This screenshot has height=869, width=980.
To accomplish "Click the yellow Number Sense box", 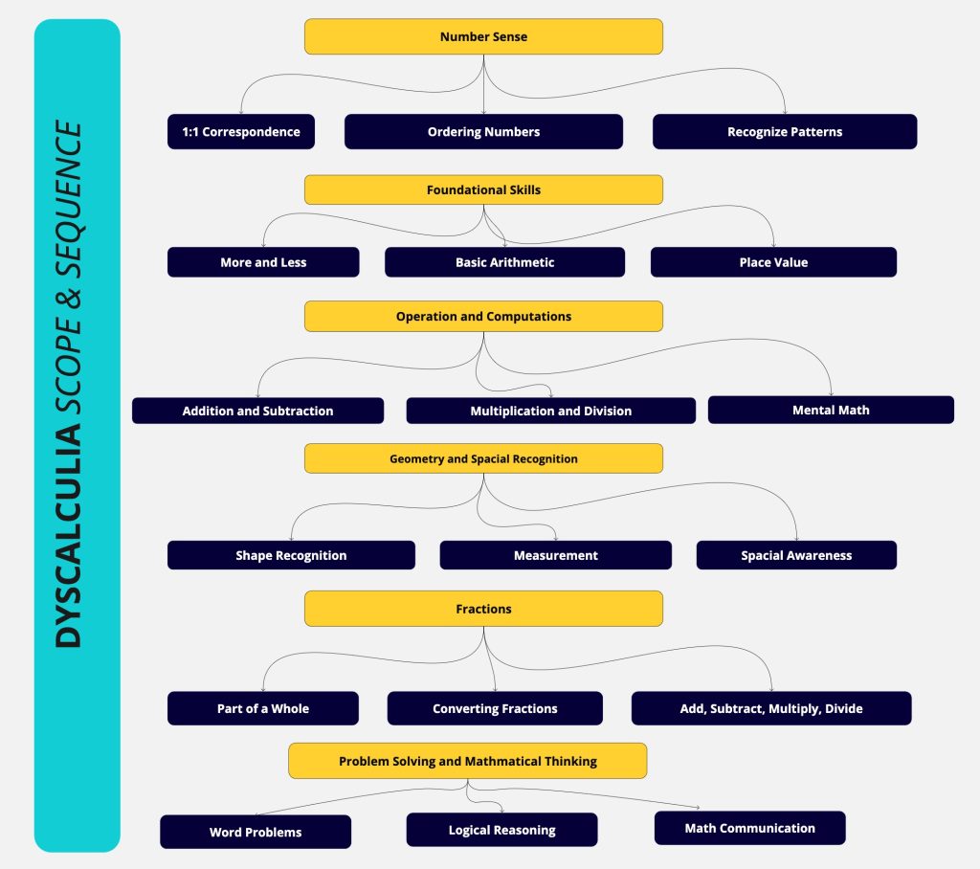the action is tap(483, 36).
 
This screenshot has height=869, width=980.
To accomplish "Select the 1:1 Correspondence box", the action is tap(240, 131).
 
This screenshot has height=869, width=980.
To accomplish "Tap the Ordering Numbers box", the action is tap(483, 131).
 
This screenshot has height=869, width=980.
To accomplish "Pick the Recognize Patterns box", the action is tap(785, 131).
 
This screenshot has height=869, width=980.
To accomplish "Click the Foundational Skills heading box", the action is tap(483, 189).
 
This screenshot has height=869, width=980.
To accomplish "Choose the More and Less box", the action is tap(263, 262).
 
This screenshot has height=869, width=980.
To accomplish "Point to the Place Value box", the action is tap(773, 262).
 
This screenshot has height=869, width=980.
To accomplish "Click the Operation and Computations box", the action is tap(483, 317).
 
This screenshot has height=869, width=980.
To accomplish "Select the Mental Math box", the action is tap(831, 410).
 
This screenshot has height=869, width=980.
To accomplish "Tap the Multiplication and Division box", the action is tap(550, 411).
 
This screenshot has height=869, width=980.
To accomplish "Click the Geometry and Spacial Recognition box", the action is tap(483, 458).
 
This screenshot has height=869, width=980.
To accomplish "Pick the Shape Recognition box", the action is tap(291, 555).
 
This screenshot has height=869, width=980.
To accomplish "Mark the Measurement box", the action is tap(556, 555).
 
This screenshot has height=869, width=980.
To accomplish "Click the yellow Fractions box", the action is tap(483, 609).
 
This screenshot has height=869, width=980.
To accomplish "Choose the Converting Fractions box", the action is tap(495, 708).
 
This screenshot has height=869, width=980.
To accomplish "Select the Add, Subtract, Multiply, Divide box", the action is tap(771, 708).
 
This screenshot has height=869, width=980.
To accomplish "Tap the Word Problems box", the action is tap(255, 832).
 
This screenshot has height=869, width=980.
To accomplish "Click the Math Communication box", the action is tap(749, 828).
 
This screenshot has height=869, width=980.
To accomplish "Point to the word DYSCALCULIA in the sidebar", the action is tap(68, 536).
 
